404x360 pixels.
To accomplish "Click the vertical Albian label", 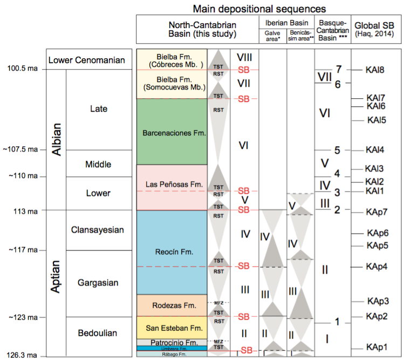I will coord(56,140).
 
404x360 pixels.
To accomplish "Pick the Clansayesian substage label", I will coord(98,230).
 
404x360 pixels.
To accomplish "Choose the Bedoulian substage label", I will coord(98,333).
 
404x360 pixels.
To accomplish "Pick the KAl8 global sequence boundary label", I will coord(374,70).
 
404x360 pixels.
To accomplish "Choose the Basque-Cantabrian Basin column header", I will coord(332,30).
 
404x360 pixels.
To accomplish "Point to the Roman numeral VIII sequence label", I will coord(244,56).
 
